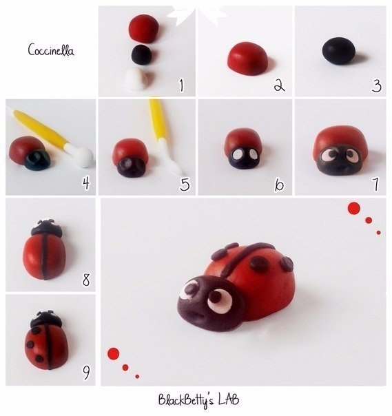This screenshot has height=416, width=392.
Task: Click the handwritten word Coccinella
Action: pyautogui.click(x=51, y=50)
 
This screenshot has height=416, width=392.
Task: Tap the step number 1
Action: pyautogui.click(x=182, y=85)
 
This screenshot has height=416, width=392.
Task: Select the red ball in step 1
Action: pyautogui.click(x=144, y=28)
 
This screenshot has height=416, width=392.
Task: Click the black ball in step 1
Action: pyautogui.click(x=142, y=54)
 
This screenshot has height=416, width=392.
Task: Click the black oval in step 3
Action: pyautogui.click(x=339, y=51)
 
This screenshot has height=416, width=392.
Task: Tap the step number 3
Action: pyautogui.click(x=377, y=85)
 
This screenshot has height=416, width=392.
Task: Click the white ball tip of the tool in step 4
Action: pyautogui.click(x=84, y=157)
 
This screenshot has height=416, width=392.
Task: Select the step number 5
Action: pyautogui.click(x=185, y=184)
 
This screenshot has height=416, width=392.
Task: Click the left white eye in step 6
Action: pyautogui.click(x=236, y=154)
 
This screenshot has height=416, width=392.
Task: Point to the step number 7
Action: pyautogui.click(x=375, y=184)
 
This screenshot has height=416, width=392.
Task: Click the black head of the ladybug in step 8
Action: pyautogui.click(x=47, y=228)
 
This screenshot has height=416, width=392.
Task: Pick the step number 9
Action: pyautogui.click(x=86, y=373)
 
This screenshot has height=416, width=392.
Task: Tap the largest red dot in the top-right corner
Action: pyautogui.click(x=354, y=208)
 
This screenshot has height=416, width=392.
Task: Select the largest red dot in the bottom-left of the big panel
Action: pyautogui.click(x=113, y=353)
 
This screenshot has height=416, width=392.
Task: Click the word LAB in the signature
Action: pyautogui.click(x=229, y=399)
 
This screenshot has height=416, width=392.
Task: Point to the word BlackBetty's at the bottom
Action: pyautogui.click(x=186, y=401)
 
